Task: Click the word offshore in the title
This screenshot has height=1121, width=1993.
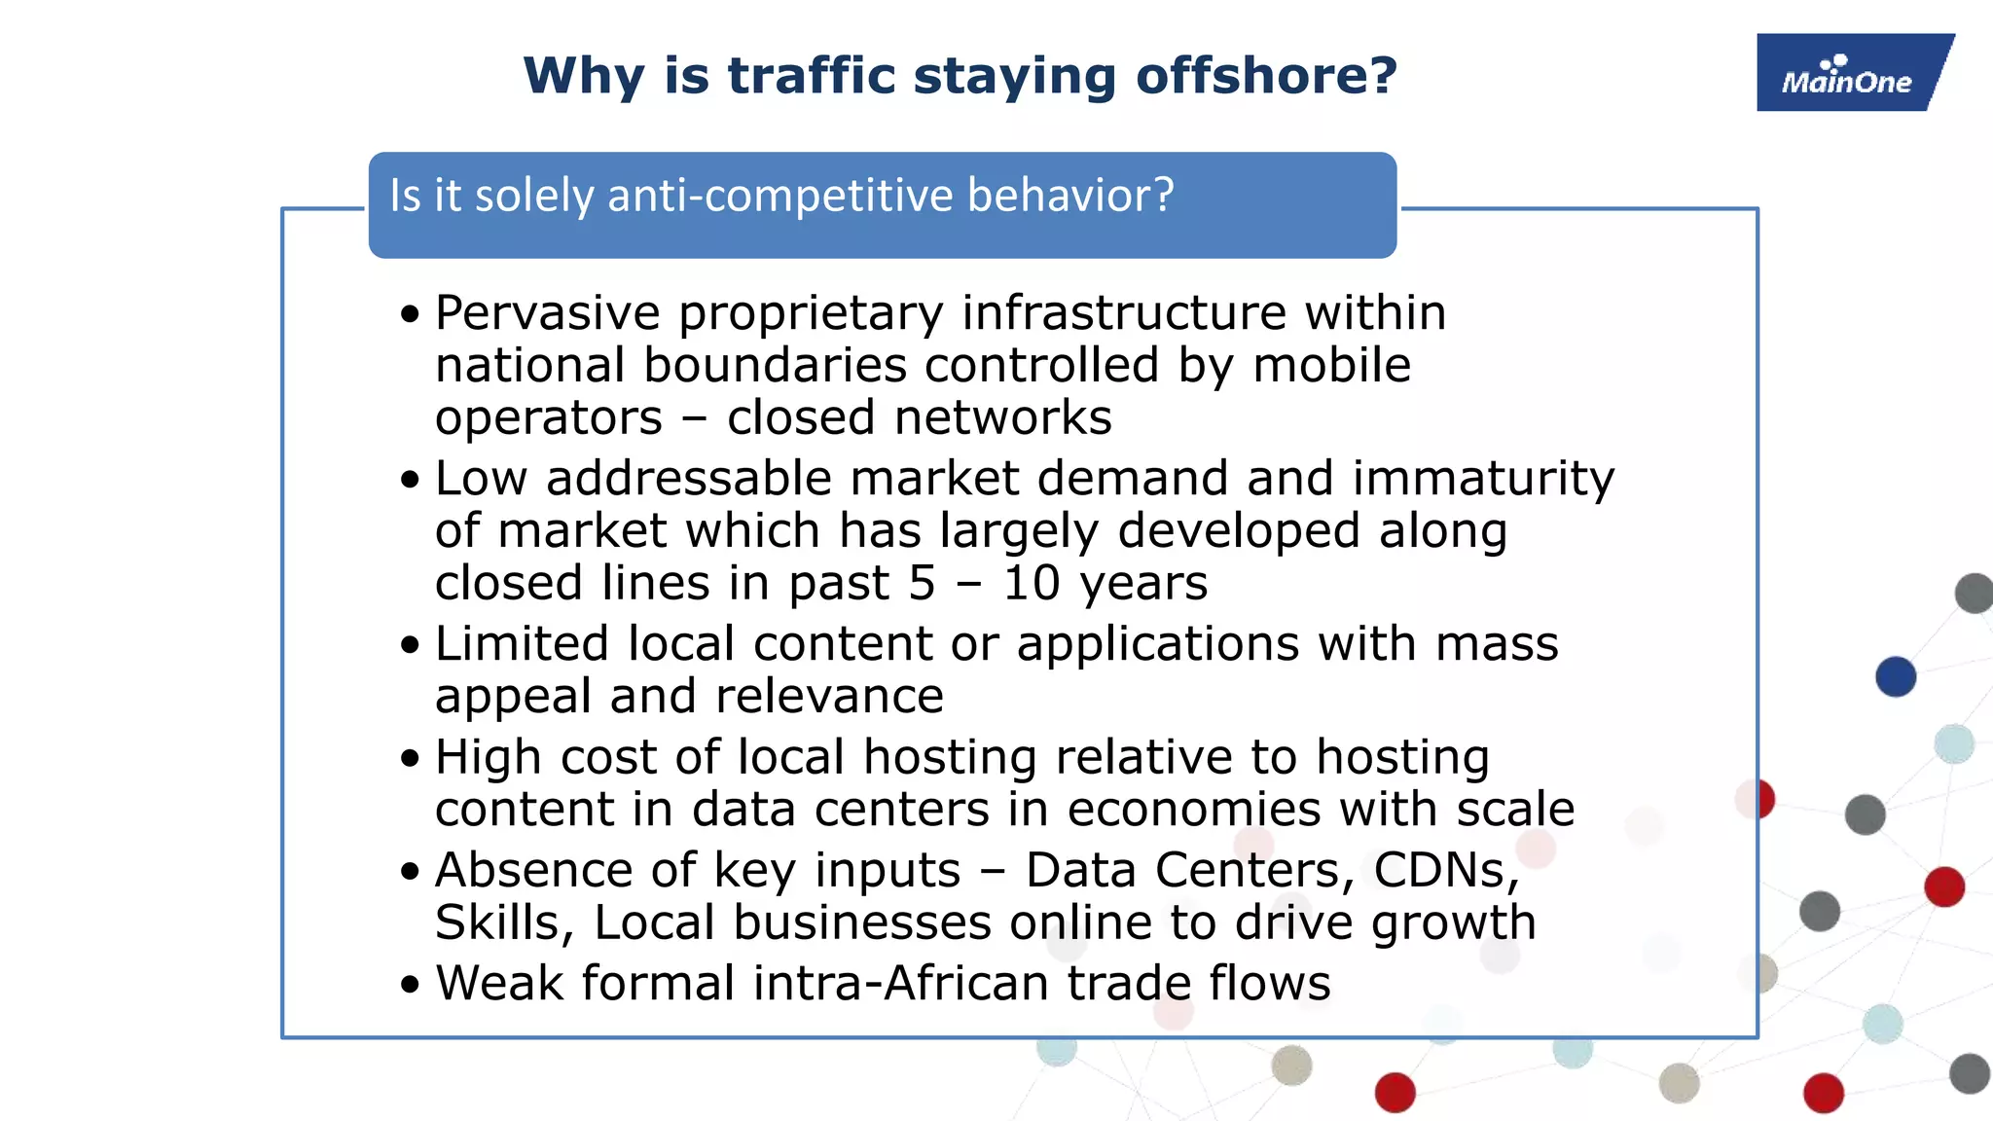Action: coord(1265,76)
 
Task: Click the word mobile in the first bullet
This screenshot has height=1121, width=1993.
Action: coord(1331,366)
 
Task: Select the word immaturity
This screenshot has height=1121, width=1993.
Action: coord(1483,479)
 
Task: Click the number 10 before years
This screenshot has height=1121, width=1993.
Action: coord(1031,583)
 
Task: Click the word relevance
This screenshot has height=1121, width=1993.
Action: coord(829,697)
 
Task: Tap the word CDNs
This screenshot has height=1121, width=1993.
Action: coord(1445,870)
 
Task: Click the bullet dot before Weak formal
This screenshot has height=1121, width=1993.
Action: coord(410,984)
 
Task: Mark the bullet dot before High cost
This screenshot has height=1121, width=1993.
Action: coord(410,758)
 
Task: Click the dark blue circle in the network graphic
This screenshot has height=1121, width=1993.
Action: coord(1896,676)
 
